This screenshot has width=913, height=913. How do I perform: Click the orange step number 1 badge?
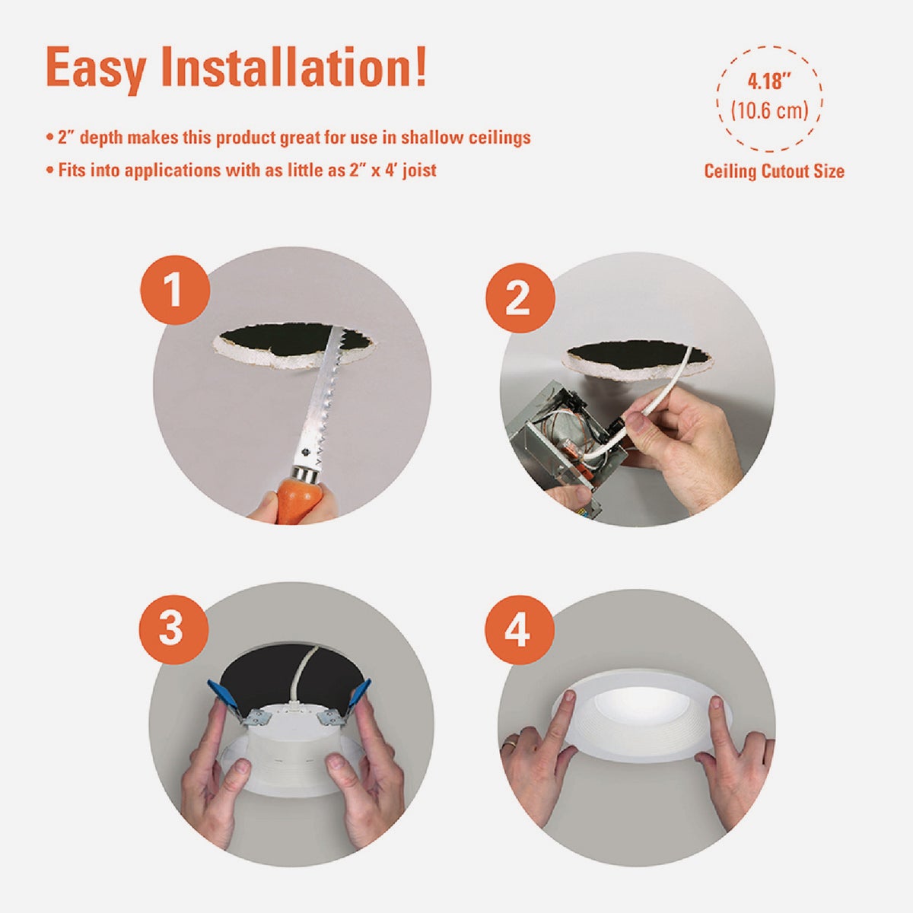[175, 290]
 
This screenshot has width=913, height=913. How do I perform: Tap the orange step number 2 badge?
[520, 298]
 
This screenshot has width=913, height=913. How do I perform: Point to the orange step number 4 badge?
[520, 630]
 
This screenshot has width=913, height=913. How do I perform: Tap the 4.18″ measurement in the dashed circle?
[769, 81]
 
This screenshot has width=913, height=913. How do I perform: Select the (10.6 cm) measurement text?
[769, 110]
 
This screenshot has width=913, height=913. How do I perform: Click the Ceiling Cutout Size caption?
[775, 171]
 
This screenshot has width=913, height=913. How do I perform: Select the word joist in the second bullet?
[419, 170]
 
